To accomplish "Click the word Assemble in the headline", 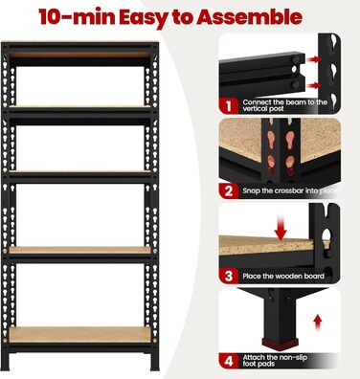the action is coord(249,17).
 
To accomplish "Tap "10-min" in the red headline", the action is coord(77,17).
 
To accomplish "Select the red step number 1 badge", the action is coord(229,105).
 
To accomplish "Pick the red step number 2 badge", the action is coord(229,190).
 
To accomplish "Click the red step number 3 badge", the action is coord(229,276).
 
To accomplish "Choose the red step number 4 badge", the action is coord(229,361).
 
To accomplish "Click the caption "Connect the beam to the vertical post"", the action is coord(285,105).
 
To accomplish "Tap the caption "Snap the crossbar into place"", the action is coord(290,190).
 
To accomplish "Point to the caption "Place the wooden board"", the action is coord(283,276).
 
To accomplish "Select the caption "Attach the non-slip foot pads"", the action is coord(275,361).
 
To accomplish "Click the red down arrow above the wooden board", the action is coord(281,228).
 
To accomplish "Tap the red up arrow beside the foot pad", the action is coord(318,323).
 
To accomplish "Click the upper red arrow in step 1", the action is coord(313,59).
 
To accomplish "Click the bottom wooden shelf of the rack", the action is coord(79,334).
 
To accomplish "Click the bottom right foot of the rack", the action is coord(155,362).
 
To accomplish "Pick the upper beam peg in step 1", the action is coord(296,59).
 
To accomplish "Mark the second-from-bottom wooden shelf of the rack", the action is coord(79,250).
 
